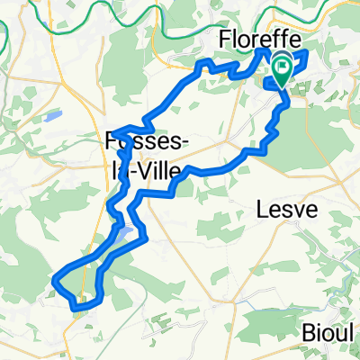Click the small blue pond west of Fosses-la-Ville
[x=50, y=116]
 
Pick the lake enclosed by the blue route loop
[x=125, y=236]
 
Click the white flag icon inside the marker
[x=283, y=65]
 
